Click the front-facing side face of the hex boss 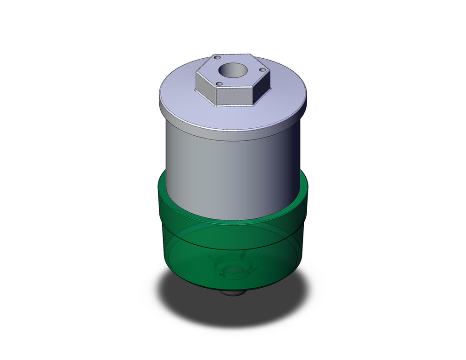pyautogui.click(x=235, y=97)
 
